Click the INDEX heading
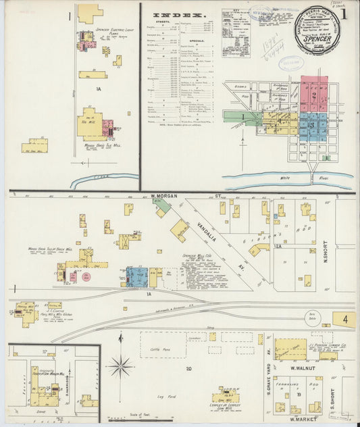tap(179, 14)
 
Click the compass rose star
tap(121, 367)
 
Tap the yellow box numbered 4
tap(344, 318)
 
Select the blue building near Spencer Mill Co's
tap(137, 277)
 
